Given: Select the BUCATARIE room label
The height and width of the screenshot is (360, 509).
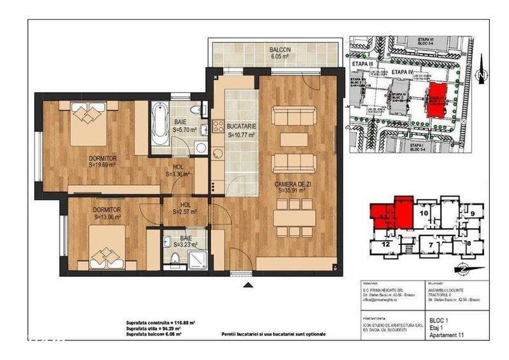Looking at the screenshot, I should pos(241,127).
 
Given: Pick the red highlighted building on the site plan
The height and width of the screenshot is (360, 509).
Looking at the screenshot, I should pos(437,99).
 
